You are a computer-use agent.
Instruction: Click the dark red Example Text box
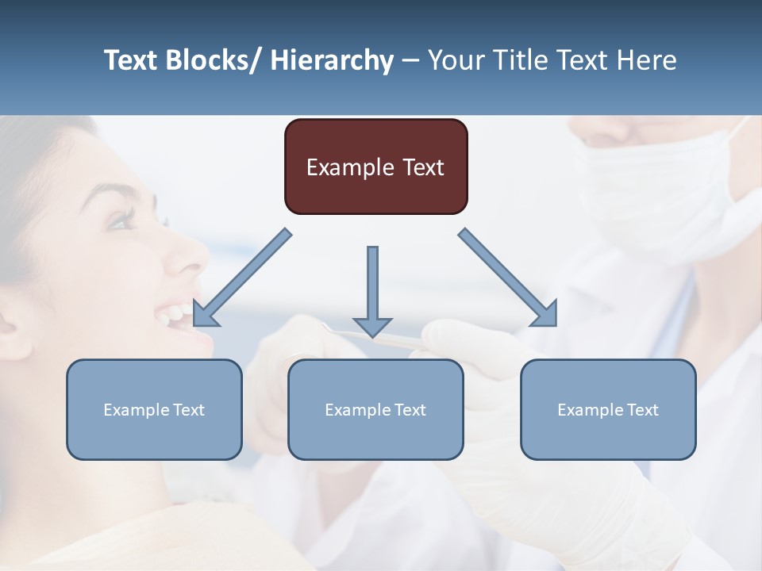[x=375, y=167]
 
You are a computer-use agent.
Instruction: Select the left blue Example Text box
[x=154, y=409]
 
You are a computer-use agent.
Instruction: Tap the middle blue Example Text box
[x=375, y=409]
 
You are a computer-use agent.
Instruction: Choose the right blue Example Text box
[x=608, y=409]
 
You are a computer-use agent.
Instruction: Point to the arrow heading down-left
[x=242, y=278]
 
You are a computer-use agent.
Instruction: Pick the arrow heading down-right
[x=508, y=278]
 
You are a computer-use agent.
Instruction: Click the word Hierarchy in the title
[x=332, y=60]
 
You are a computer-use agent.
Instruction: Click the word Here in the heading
[x=647, y=60]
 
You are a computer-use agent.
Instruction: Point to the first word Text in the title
[x=130, y=60]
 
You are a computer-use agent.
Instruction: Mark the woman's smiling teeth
[x=175, y=313]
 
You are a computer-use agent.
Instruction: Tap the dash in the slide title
[x=410, y=61]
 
